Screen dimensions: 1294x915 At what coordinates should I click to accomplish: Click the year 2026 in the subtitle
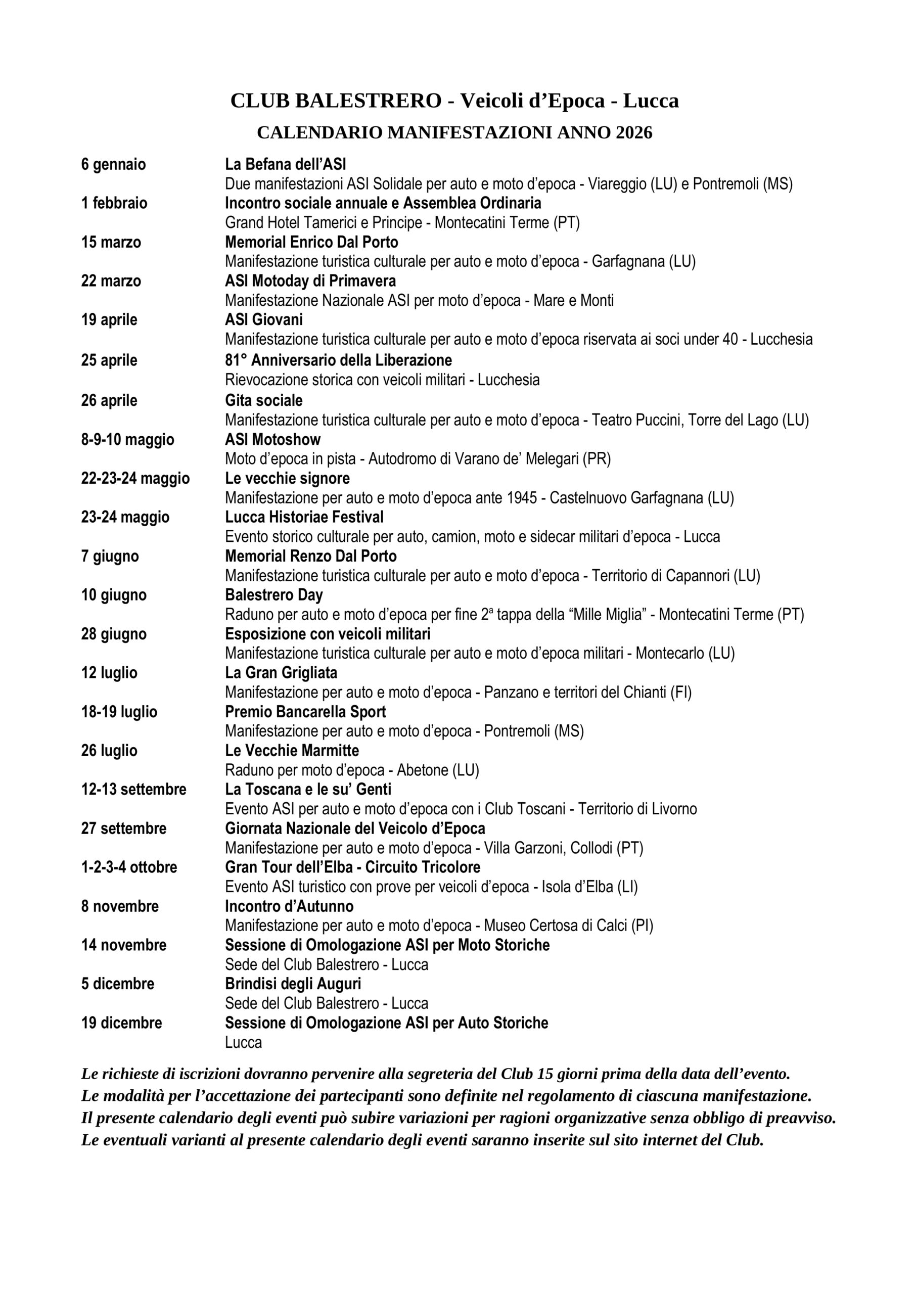pos(634,132)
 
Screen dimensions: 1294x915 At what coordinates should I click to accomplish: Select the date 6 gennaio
pos(113,165)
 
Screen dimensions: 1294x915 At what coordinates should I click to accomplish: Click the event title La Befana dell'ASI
pos(285,165)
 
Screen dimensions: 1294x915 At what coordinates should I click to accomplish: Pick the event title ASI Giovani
pos(264,319)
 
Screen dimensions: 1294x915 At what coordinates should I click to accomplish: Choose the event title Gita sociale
pos(264,401)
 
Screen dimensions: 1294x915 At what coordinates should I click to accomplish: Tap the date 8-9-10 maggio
pos(127,440)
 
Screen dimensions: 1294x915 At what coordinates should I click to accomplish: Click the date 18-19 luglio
pos(119,712)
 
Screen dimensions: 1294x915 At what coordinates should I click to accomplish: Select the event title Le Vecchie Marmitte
pos(292,751)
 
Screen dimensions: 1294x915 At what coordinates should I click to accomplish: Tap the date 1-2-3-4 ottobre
pos(129,867)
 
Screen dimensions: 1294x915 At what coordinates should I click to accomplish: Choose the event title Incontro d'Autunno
pos(289,906)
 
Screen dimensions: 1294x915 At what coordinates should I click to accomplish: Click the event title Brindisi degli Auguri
pos(293,984)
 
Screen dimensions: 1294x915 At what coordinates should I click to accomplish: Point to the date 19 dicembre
pos(121,1023)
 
